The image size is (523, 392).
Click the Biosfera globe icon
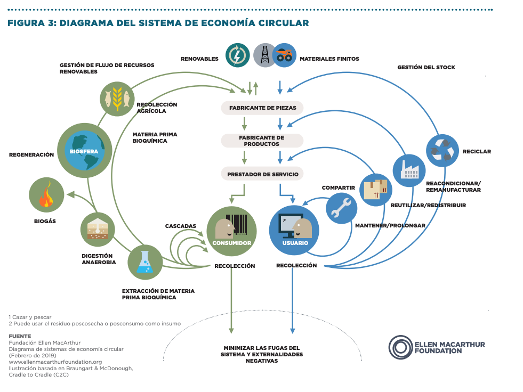85,150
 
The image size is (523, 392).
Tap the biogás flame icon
45,195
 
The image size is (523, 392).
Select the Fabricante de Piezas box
262,108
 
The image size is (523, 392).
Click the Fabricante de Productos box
262,141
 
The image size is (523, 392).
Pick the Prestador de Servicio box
262,174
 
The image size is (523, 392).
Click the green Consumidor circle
231,231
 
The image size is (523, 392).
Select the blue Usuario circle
294,231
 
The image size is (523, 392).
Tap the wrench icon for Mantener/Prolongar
341,208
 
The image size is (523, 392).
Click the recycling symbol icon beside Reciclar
442,151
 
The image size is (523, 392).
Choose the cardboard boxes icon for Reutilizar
376,190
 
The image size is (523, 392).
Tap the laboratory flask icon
144,261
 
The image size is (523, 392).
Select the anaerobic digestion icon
98,229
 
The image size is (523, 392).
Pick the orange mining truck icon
284,55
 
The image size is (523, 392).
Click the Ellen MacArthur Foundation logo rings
400,347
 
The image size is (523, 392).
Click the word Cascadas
180,226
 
